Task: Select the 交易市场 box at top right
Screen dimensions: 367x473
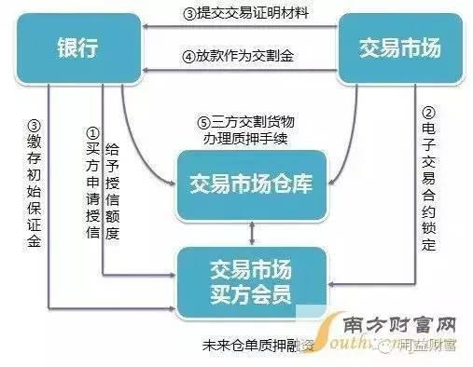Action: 392,48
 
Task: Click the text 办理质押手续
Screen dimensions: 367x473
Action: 247,139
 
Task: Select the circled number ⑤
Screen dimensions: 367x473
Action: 204,122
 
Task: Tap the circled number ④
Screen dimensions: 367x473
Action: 188,57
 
